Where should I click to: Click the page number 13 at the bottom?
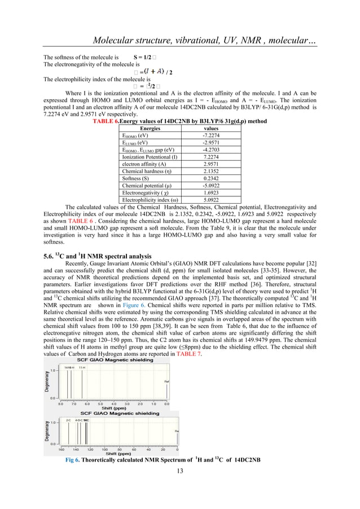(180, 486)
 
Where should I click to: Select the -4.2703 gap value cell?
(212, 150)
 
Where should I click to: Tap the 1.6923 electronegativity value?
(212, 191)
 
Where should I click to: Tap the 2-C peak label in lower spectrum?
(68, 420)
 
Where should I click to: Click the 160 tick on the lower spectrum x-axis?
(61, 450)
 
